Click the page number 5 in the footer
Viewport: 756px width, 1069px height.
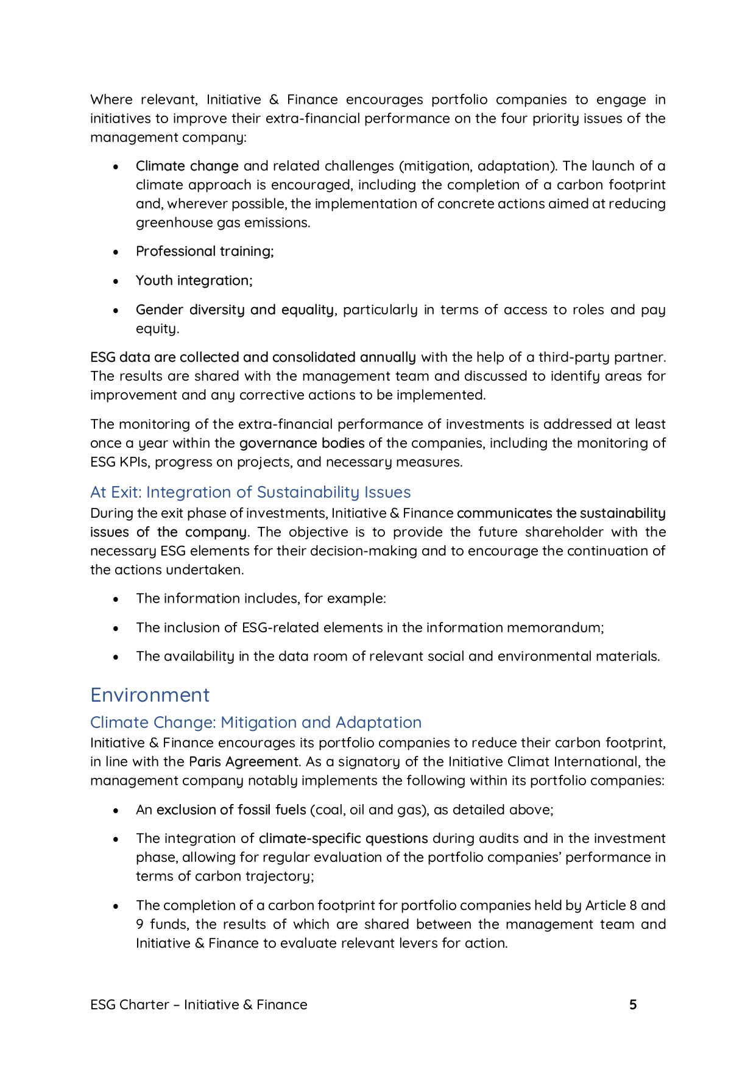coord(633,1004)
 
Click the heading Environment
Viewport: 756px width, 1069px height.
coord(150,695)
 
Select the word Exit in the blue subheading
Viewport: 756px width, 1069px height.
coord(125,492)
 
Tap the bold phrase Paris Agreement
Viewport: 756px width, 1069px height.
coord(244,761)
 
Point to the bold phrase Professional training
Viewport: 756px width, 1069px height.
coord(204,252)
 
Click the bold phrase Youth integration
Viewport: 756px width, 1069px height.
coord(193,280)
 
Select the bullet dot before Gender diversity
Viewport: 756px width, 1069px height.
coord(116,310)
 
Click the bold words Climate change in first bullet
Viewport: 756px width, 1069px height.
coord(187,166)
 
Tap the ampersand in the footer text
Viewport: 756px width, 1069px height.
coord(247,1004)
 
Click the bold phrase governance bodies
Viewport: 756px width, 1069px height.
coord(302,443)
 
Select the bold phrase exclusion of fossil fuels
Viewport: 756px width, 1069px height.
coord(231,810)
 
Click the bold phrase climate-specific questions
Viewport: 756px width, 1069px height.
coord(343,838)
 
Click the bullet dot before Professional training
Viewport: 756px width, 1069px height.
coord(116,252)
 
